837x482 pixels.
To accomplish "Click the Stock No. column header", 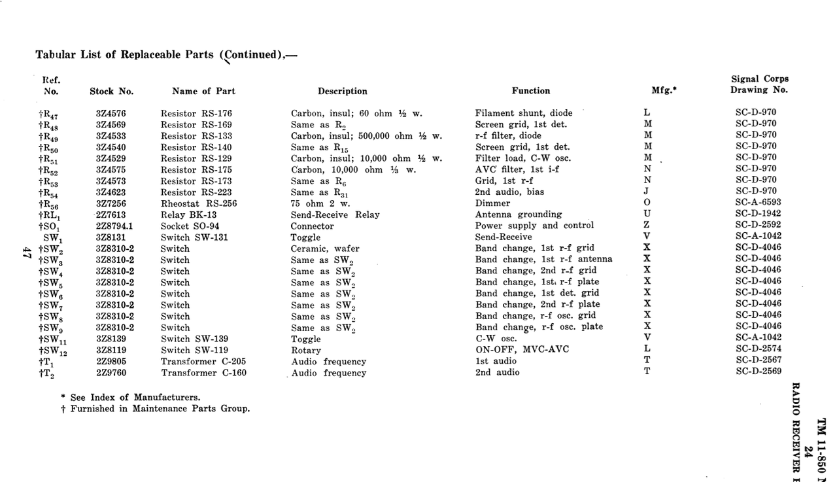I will pyautogui.click(x=111, y=92).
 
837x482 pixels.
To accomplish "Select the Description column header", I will pyautogui.click(x=342, y=92).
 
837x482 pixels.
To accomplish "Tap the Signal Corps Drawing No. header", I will pyautogui.click(x=759, y=84).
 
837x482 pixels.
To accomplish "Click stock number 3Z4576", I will pyautogui.click(x=111, y=113).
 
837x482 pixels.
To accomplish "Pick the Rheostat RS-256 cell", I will pyautogui.click(x=199, y=203).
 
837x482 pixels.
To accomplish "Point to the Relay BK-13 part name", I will pyautogui.click(x=188, y=215).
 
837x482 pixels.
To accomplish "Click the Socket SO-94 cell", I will pyautogui.click(x=191, y=226).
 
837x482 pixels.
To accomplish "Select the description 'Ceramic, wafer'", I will pyautogui.click(x=325, y=249).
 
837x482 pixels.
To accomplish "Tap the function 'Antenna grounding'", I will pyautogui.click(x=518, y=215).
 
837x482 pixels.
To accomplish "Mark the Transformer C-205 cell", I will pyautogui.click(x=199, y=362).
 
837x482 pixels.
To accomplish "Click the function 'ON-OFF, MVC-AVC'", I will pyautogui.click(x=522, y=349).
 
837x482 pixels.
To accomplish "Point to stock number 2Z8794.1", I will pyautogui.click(x=114, y=226).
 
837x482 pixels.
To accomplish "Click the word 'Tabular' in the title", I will pyautogui.click(x=56, y=55).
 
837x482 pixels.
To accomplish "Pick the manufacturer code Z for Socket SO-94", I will pyautogui.click(x=647, y=226).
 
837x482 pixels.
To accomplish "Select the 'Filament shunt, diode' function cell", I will pyautogui.click(x=523, y=113).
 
